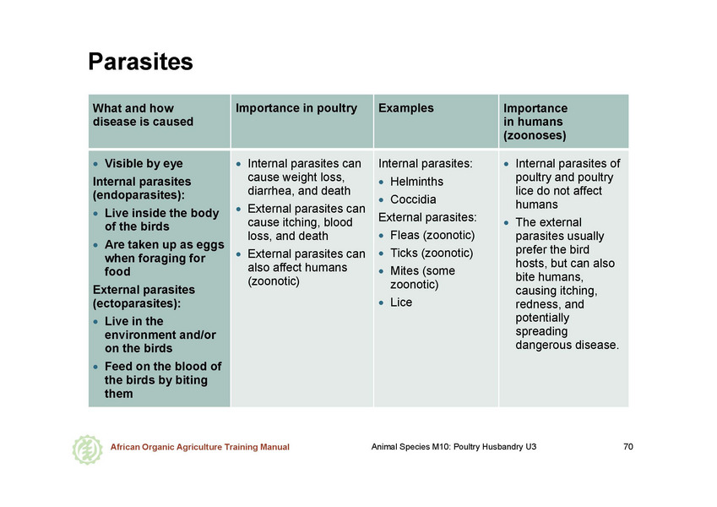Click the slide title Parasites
pos(140,62)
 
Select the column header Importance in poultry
pos(296,108)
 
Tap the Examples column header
pos(405,108)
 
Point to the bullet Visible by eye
pos(144,163)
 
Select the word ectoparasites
pos(135,303)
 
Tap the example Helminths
pos(416,182)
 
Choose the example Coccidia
pos(413,199)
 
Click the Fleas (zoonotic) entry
pos(432,235)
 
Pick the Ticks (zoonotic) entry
pos(432,253)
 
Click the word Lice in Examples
pos(401,303)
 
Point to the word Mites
pos(405,271)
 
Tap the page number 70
pos(628,447)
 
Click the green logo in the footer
pos(87,450)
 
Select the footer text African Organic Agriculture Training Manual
pos(200,447)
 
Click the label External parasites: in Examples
pos(427,217)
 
